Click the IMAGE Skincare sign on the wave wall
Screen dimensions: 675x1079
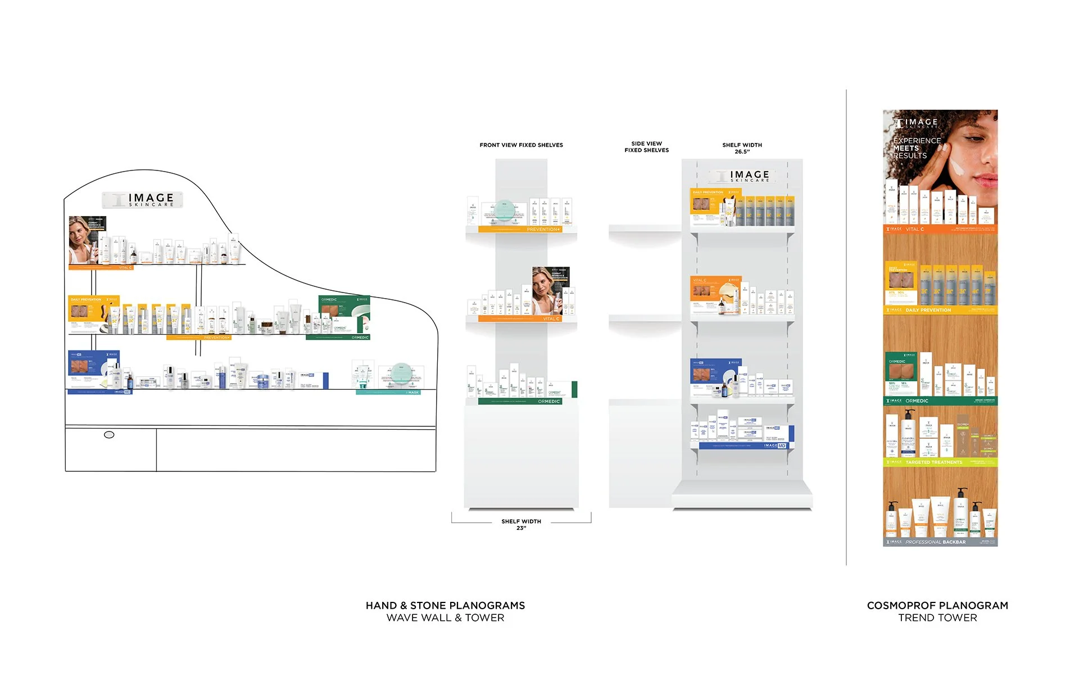point(143,200)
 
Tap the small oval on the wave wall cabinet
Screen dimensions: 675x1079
point(109,435)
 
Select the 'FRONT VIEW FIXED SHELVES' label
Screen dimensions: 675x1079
point(521,145)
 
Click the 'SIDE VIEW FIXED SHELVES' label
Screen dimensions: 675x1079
point(646,147)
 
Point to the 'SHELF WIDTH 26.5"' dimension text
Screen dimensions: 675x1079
point(742,148)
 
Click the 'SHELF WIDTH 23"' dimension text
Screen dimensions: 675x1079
point(521,524)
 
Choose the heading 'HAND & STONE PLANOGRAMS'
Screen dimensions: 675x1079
point(445,605)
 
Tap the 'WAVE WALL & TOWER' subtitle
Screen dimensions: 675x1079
point(445,618)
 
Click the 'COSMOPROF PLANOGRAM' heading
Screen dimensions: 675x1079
point(937,605)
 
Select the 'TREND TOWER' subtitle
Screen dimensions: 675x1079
point(937,618)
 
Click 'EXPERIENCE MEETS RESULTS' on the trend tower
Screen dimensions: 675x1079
point(916,148)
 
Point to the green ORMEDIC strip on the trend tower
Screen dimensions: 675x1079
point(940,401)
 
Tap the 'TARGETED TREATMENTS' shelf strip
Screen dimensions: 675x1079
point(940,462)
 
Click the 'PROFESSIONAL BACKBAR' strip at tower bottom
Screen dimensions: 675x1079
point(940,542)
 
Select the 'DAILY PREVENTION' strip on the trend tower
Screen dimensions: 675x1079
point(940,310)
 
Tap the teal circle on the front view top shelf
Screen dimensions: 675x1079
point(504,211)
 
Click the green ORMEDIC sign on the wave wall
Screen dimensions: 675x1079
point(344,316)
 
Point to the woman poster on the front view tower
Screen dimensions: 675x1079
point(550,290)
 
